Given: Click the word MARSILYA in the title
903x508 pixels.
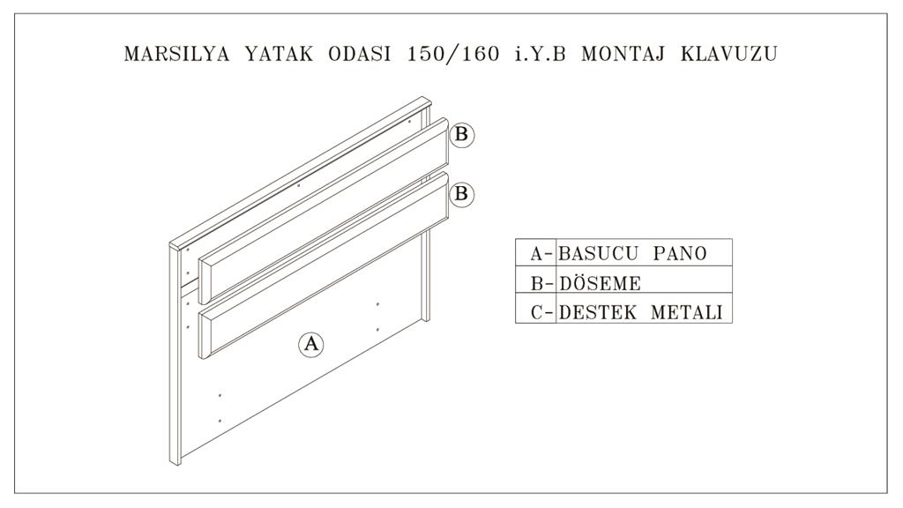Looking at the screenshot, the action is click(x=176, y=54).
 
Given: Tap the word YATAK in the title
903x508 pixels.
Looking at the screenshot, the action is click(x=280, y=54).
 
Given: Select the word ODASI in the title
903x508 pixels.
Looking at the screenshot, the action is click(x=360, y=54).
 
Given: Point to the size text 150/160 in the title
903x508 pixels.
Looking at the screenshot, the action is click(x=453, y=54).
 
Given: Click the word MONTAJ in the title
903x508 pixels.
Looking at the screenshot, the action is click(x=623, y=54).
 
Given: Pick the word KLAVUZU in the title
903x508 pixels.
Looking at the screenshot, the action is click(x=729, y=54).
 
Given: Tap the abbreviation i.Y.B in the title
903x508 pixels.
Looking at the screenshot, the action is click(x=541, y=54).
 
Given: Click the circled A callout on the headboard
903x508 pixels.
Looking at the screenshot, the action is click(x=311, y=344).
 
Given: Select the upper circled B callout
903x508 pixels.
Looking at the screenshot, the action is click(x=461, y=135).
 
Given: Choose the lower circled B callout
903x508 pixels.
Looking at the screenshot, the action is click(x=461, y=193).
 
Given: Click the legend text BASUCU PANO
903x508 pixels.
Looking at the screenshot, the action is click(x=632, y=253).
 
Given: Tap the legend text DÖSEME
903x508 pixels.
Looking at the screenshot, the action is click(x=600, y=283).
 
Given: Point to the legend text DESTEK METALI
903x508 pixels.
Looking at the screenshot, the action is click(x=640, y=312).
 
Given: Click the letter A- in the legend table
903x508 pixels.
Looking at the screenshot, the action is click(x=542, y=253).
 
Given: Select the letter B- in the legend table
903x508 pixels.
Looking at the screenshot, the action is click(x=542, y=283).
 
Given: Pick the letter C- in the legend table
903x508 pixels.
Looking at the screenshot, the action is click(x=542, y=312).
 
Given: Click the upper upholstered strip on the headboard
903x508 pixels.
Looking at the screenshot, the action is click(x=325, y=211).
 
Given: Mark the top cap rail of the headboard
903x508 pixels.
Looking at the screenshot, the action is click(x=301, y=174).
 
